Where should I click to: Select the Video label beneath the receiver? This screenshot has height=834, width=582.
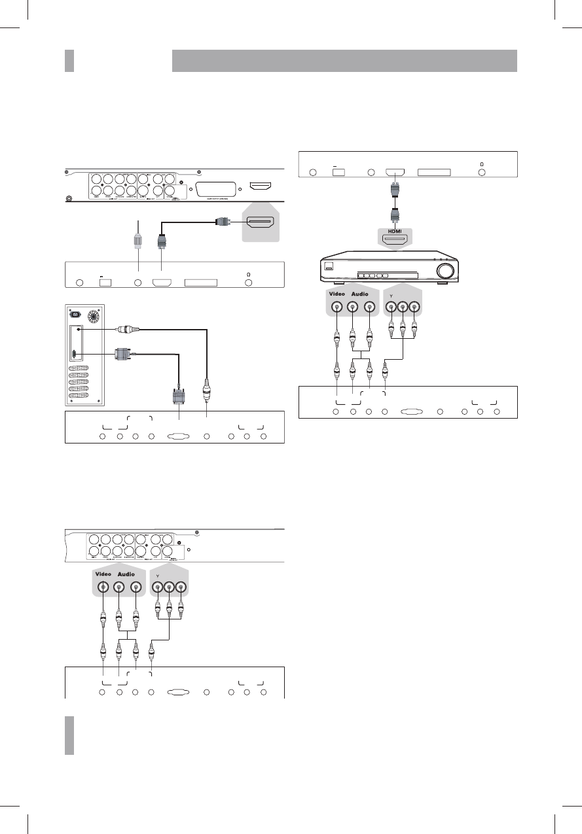click(x=336, y=294)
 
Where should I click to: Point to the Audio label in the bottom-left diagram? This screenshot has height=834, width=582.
click(x=126, y=574)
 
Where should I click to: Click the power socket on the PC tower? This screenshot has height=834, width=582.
click(x=75, y=314)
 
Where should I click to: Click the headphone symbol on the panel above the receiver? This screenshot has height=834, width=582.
click(x=482, y=163)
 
